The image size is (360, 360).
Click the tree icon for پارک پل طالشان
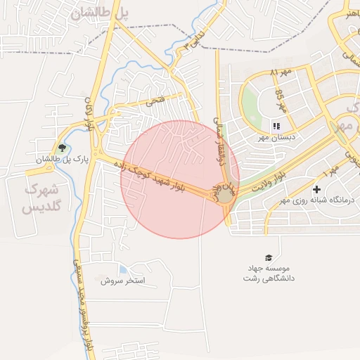(63, 148)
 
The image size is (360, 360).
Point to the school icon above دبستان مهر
(275, 126)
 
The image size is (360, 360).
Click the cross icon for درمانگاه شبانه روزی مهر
(317, 189)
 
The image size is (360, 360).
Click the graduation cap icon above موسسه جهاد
(268, 257)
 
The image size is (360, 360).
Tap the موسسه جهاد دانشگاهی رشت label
(268, 274)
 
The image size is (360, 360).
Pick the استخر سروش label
(122, 281)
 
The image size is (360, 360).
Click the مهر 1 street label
(330, 170)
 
